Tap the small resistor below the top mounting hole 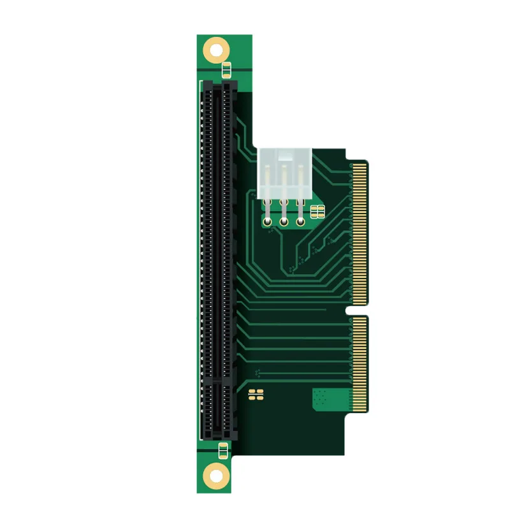pos(225,68)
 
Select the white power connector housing pos(284,172)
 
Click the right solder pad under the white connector pos(300,222)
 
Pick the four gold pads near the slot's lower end pos(256,393)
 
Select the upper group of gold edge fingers pos(360,233)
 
